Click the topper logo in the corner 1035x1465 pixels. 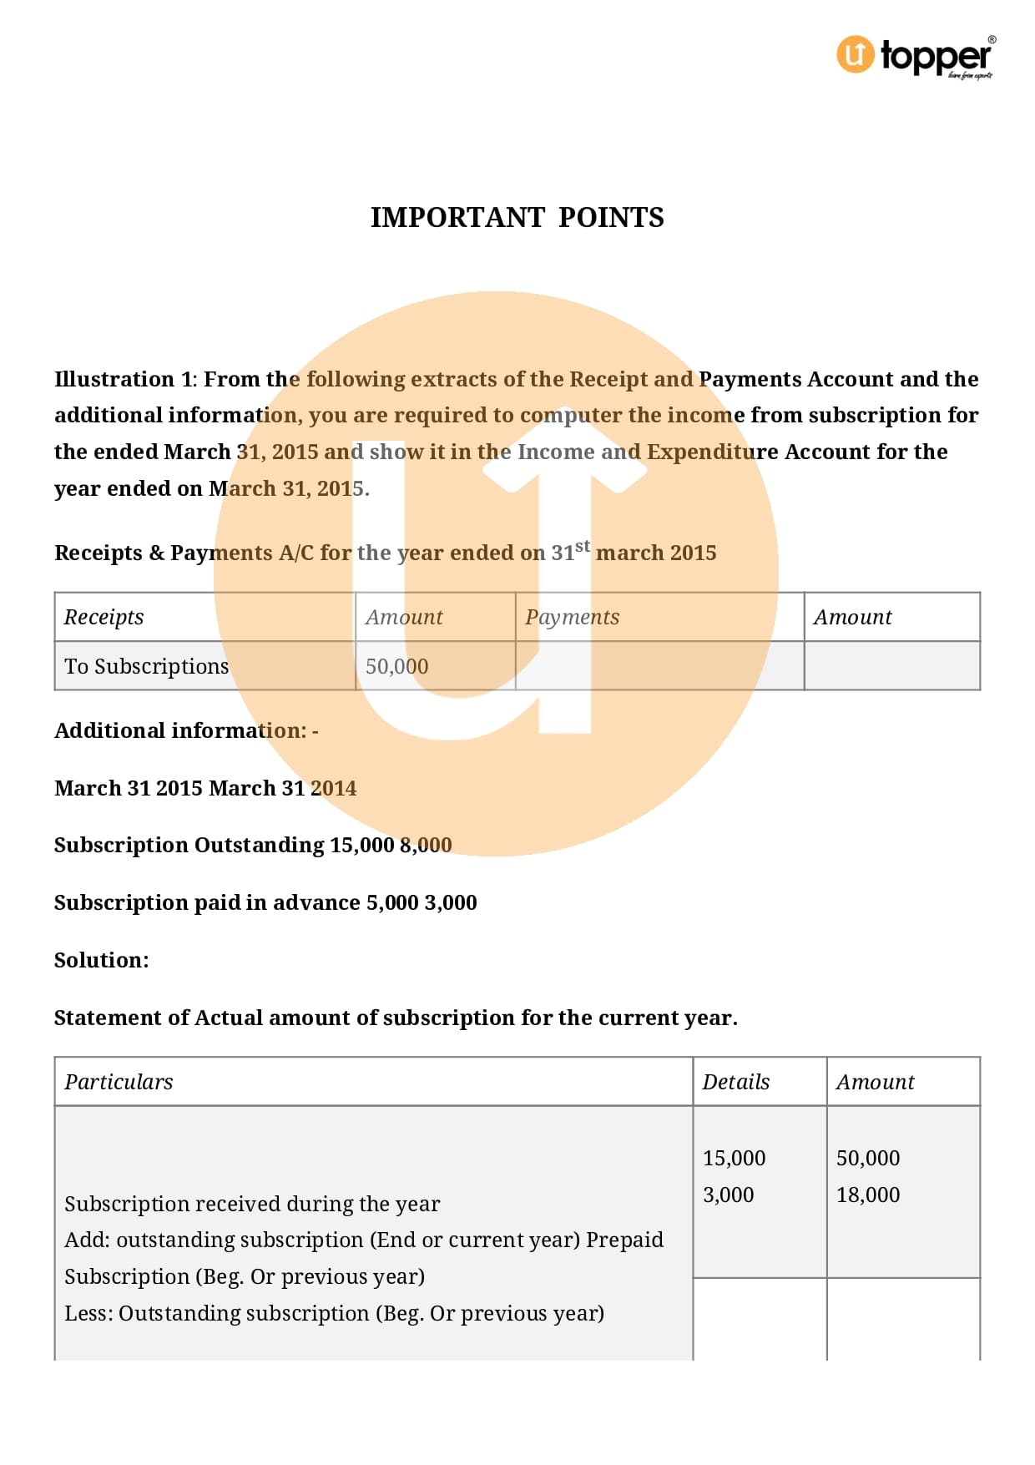tap(916, 57)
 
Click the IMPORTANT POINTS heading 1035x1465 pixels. tap(517, 218)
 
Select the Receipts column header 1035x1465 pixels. tap(103, 618)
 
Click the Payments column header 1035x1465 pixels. tap(572, 618)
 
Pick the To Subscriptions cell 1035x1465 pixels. tap(146, 667)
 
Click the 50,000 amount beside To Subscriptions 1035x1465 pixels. tap(396, 667)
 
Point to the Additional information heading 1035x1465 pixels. tap(185, 731)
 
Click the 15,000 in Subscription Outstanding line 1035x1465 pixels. tap(361, 846)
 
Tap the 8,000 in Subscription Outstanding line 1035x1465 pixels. tap(426, 846)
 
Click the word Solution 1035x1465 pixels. tap(101, 961)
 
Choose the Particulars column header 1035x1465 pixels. tap(119, 1083)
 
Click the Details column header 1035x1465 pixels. tap(735, 1083)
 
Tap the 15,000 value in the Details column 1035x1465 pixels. tap(734, 1159)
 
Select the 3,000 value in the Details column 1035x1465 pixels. tap(728, 1195)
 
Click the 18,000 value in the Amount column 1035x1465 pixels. tap(868, 1195)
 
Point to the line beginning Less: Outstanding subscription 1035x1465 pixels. tap(334, 1314)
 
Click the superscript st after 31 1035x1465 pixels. tap(583, 546)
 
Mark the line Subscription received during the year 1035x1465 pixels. tap(252, 1205)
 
